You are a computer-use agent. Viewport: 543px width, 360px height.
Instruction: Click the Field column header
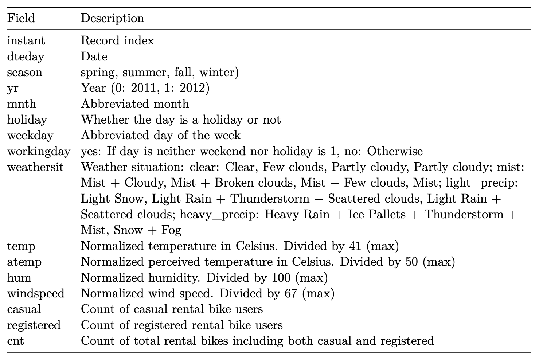21,18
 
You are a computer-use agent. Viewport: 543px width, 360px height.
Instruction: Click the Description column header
112,18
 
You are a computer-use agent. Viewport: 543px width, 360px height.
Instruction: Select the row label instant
26,40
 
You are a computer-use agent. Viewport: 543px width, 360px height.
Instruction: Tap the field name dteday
26,56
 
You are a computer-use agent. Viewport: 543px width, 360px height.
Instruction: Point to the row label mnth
22,104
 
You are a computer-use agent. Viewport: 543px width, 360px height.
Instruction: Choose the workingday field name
39,151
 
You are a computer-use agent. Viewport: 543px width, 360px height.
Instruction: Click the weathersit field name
35,167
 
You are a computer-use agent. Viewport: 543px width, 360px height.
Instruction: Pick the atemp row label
24,262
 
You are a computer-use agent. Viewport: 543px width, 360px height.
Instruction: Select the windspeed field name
36,293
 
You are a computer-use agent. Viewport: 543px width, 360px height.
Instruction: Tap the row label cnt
15,341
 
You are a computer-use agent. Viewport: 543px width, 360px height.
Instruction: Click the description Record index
117,40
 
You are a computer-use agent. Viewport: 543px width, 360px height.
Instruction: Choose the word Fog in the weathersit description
172,230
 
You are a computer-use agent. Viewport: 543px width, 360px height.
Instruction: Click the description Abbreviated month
135,104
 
